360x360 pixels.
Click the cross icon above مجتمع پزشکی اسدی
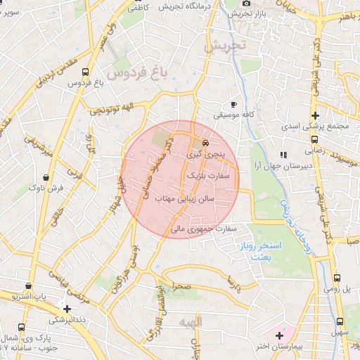click(x=316, y=115)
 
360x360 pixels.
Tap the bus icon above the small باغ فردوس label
click(x=86, y=72)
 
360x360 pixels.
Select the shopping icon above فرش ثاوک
click(x=46, y=177)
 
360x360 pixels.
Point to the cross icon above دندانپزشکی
click(x=67, y=308)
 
